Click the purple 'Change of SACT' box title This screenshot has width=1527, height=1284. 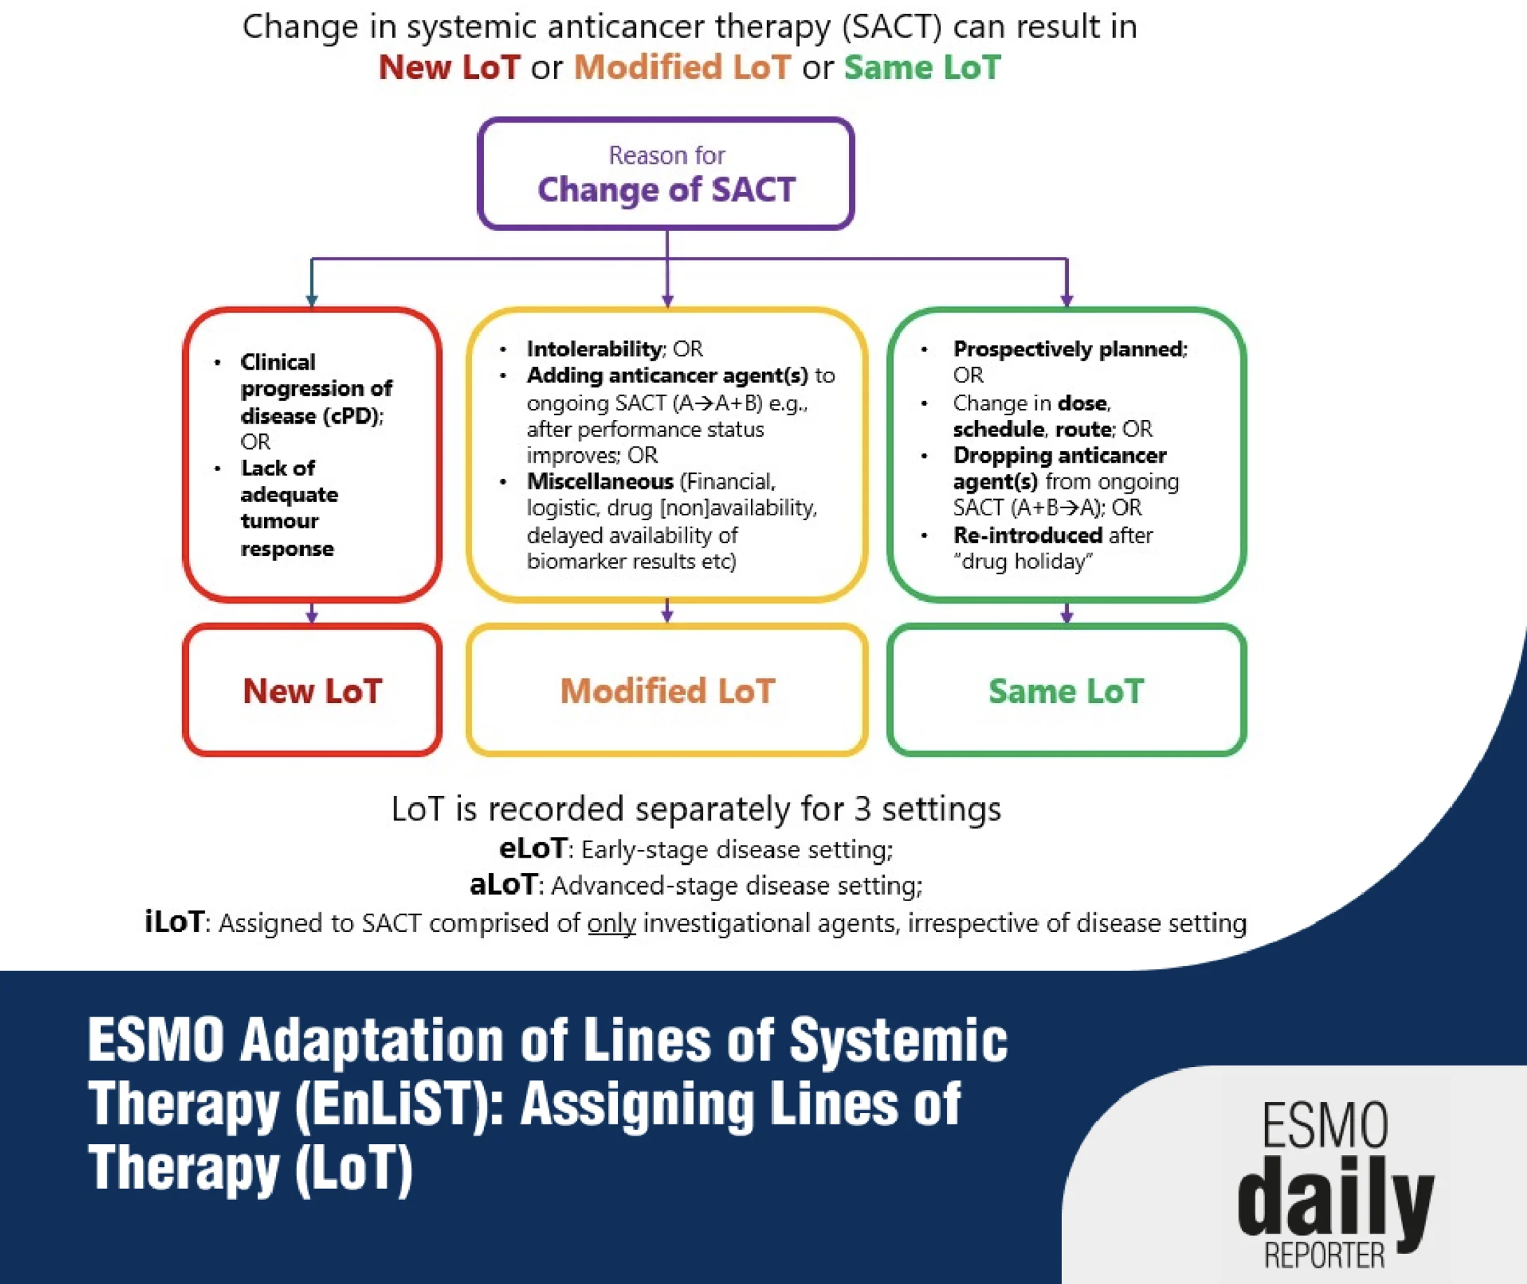666,190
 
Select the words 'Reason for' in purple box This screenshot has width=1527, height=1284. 666,155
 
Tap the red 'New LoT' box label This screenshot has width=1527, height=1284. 312,691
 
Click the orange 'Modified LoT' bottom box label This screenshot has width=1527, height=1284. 667,691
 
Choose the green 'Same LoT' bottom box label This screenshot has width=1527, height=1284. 1066,691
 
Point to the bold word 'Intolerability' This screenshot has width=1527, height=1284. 595,349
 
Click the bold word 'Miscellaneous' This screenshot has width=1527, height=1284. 600,481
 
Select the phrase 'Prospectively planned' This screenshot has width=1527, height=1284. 1069,349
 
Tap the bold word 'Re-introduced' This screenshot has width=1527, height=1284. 1028,535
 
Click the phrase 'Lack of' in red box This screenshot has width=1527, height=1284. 278,468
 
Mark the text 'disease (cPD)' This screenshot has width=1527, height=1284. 311,416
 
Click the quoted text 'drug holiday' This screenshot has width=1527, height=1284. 1023,561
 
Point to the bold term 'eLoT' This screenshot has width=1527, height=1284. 533,849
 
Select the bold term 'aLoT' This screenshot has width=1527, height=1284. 503,885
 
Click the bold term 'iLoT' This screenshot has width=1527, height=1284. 174,921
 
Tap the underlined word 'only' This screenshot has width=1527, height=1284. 612,922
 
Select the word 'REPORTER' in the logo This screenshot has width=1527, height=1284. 1324,1256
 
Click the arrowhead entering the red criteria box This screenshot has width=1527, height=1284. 312,300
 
